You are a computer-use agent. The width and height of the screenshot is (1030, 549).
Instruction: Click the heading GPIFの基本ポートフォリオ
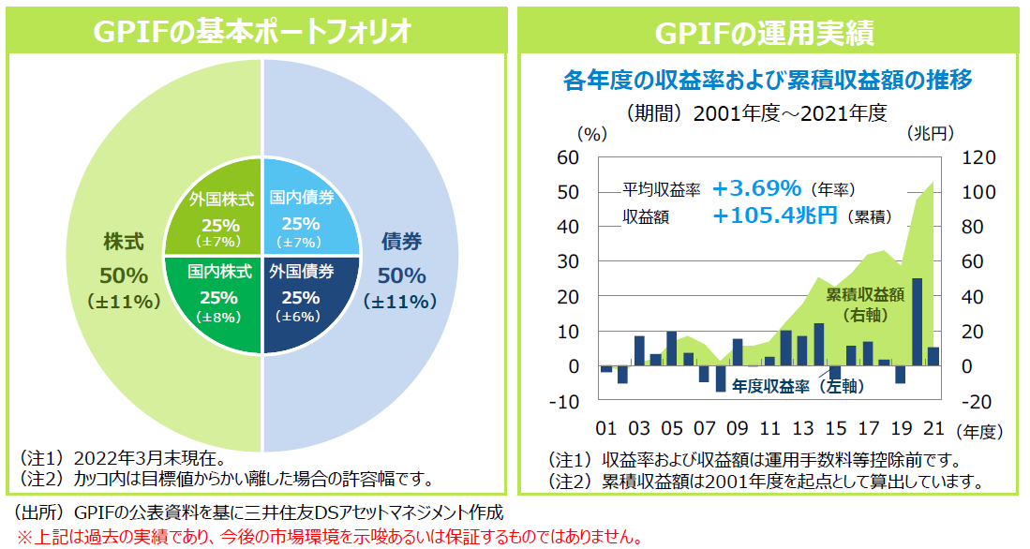point(254,32)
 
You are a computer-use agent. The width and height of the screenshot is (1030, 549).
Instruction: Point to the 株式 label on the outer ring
point(124,242)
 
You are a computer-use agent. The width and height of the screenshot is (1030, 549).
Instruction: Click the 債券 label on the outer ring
point(401,242)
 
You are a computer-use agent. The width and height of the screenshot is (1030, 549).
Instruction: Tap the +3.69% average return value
point(756,189)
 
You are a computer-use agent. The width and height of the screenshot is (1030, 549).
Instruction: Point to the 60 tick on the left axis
point(568,157)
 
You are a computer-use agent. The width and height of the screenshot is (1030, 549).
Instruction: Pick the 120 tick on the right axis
point(973,157)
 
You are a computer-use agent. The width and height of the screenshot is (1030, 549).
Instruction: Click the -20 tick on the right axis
point(973,401)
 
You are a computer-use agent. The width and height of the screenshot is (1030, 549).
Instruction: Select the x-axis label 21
point(933,429)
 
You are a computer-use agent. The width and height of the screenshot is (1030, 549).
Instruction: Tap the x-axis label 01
point(606,429)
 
